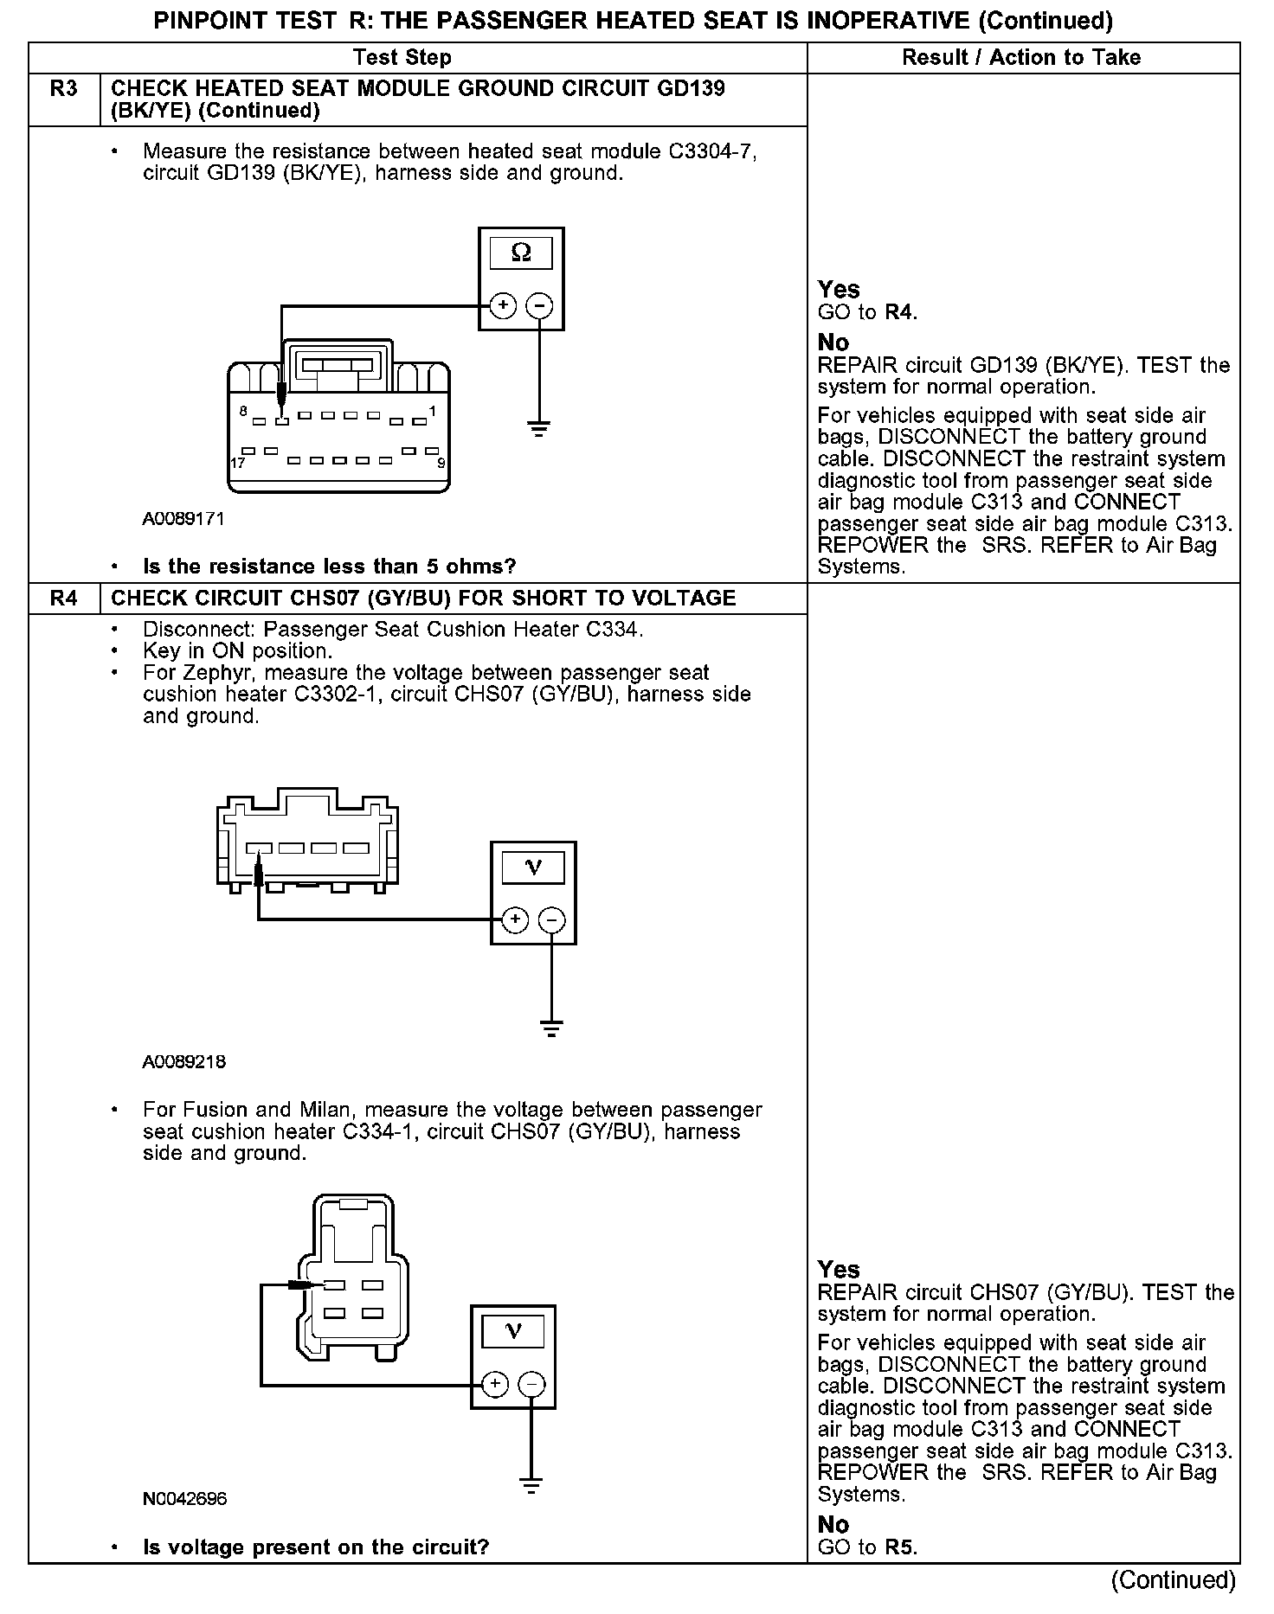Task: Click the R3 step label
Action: coord(64,88)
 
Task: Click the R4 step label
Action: coord(64,599)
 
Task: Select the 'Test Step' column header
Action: coord(402,58)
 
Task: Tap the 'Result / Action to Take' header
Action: coord(1021,58)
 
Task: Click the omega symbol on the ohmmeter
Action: coord(521,253)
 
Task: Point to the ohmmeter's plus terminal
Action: coord(503,306)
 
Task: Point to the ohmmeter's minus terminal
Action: coord(539,306)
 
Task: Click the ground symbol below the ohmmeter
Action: coord(539,428)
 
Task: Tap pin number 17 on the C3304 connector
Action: coord(238,463)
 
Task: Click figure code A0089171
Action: coord(183,519)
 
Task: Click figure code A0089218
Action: coord(184,1062)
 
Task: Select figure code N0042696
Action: coord(184,1498)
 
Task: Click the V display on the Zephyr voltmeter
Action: coord(533,868)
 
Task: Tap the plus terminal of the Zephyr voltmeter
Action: coord(514,919)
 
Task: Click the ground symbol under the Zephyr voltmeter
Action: coord(551,1028)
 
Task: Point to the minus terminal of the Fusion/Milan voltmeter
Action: coord(531,1384)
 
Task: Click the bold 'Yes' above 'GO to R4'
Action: coord(839,290)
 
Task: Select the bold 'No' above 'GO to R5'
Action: coord(833,1524)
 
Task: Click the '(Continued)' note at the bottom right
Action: coord(1173,1579)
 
